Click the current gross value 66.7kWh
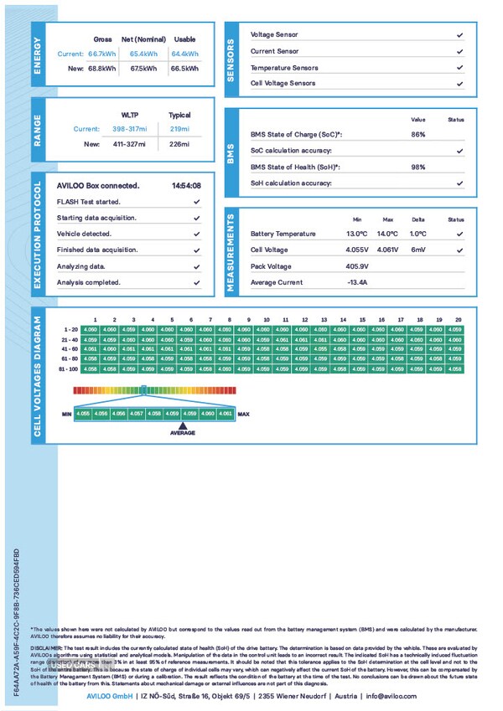point(102,54)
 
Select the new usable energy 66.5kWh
point(184,70)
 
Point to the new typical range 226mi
point(179,144)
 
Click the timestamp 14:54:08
point(185,185)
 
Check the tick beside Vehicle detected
point(196,234)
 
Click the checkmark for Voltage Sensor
point(459,35)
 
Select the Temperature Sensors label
point(284,68)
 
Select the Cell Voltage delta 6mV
point(418,250)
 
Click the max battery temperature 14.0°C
point(387,234)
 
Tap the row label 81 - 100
point(70,368)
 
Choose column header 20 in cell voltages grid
point(458,320)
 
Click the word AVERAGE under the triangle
point(183,433)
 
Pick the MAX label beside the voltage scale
point(244,414)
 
